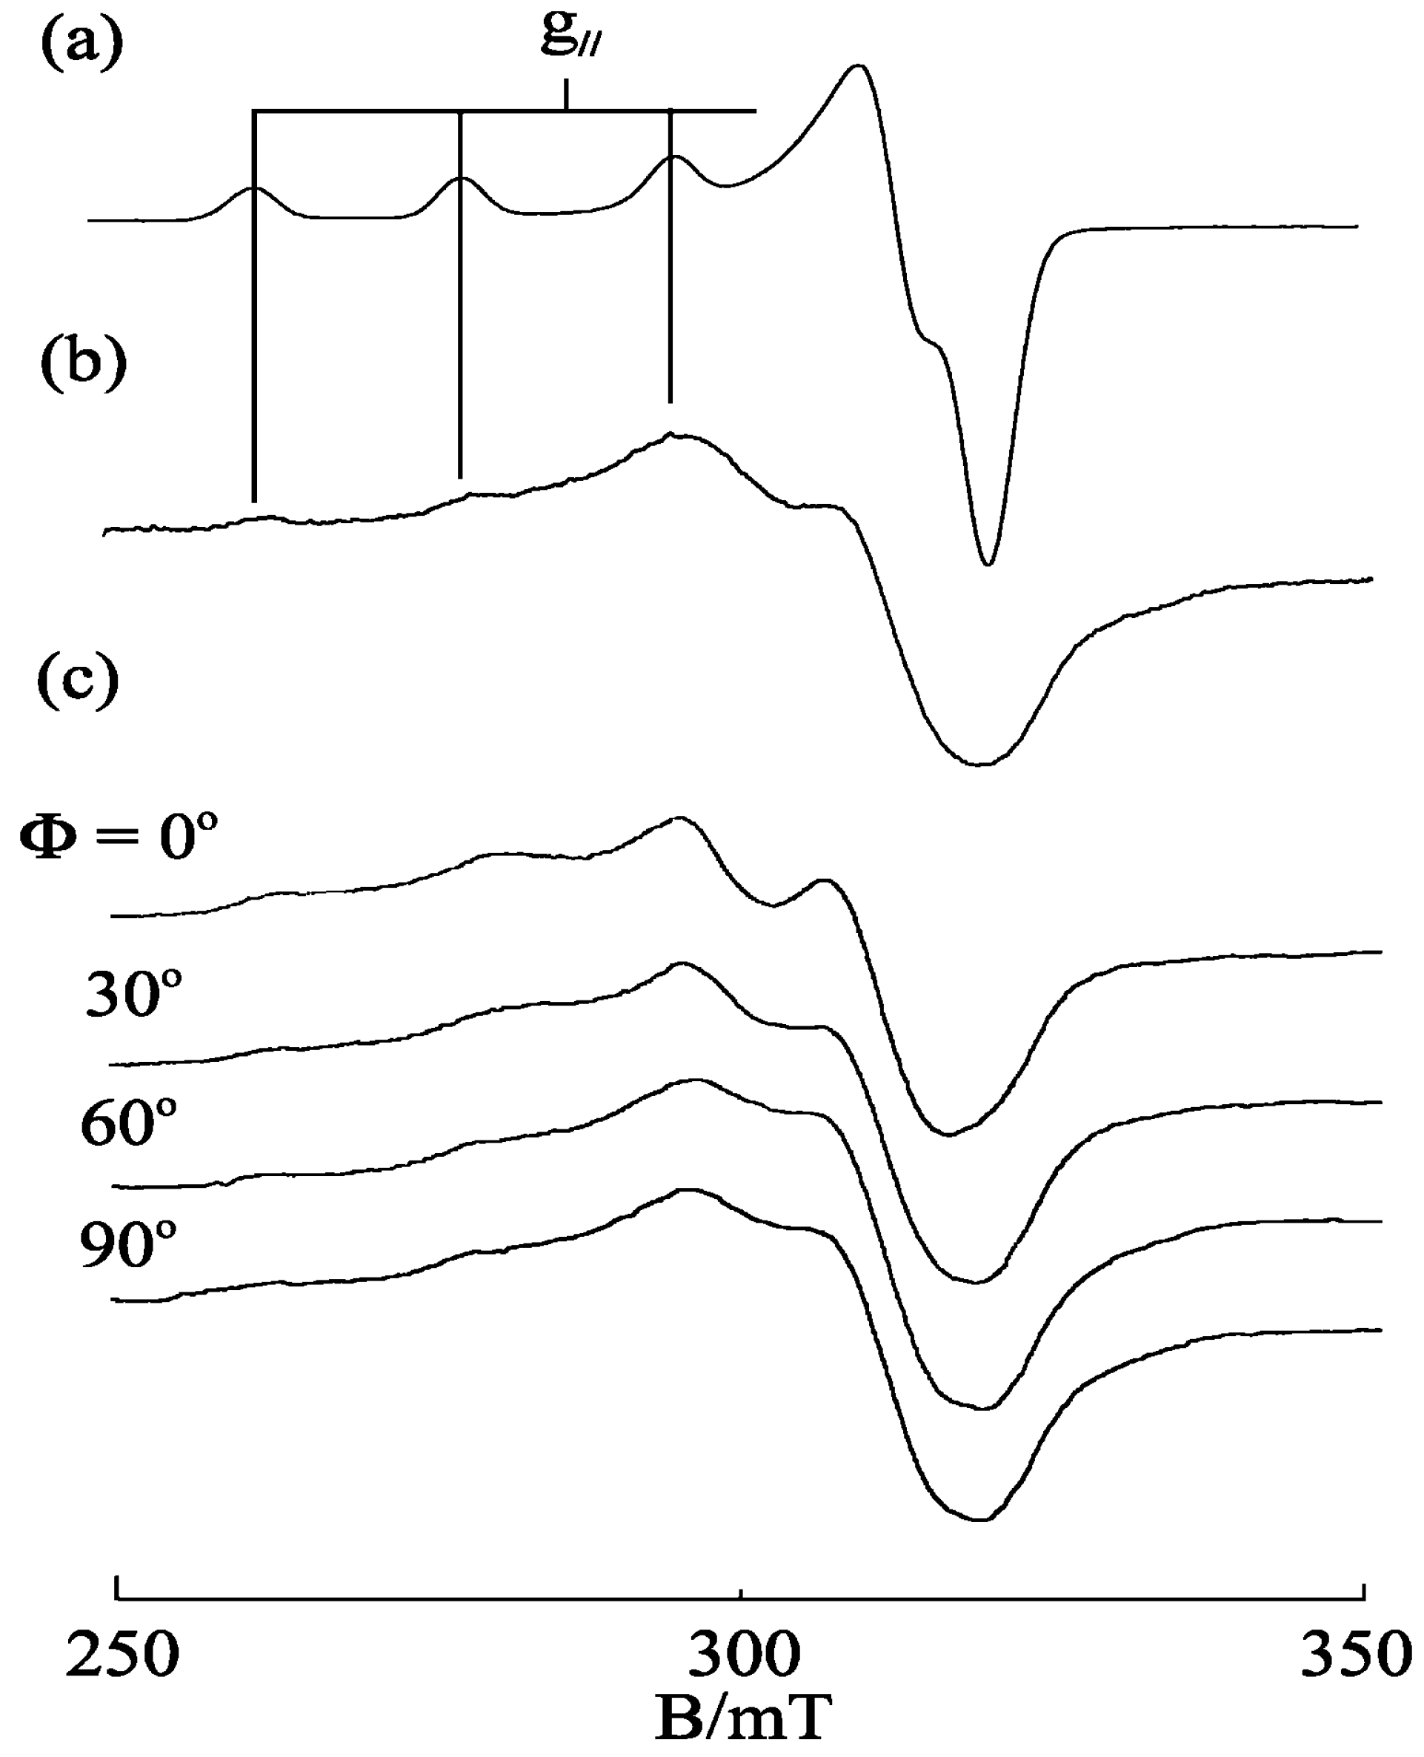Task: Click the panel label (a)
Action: tap(81, 45)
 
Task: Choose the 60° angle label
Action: tap(129, 1122)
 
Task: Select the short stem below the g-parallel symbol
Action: tap(566, 94)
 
